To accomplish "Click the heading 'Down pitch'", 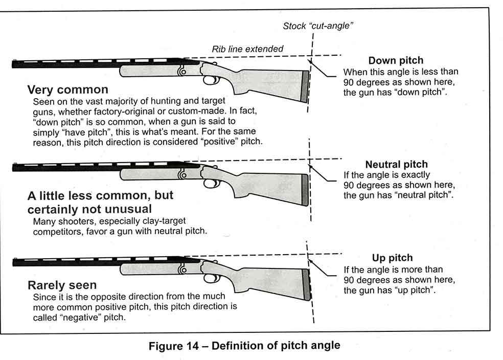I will click(x=396, y=61).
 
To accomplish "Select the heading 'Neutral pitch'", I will click(x=396, y=164).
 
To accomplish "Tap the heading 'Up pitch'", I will click(x=392, y=258).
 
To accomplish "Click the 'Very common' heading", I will click(x=67, y=91).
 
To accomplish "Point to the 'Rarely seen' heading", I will click(x=62, y=285).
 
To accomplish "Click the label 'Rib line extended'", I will click(x=247, y=49).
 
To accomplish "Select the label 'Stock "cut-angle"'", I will click(x=318, y=26).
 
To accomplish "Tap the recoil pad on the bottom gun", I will click(x=306, y=284).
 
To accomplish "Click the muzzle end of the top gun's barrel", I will click(x=14, y=64).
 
